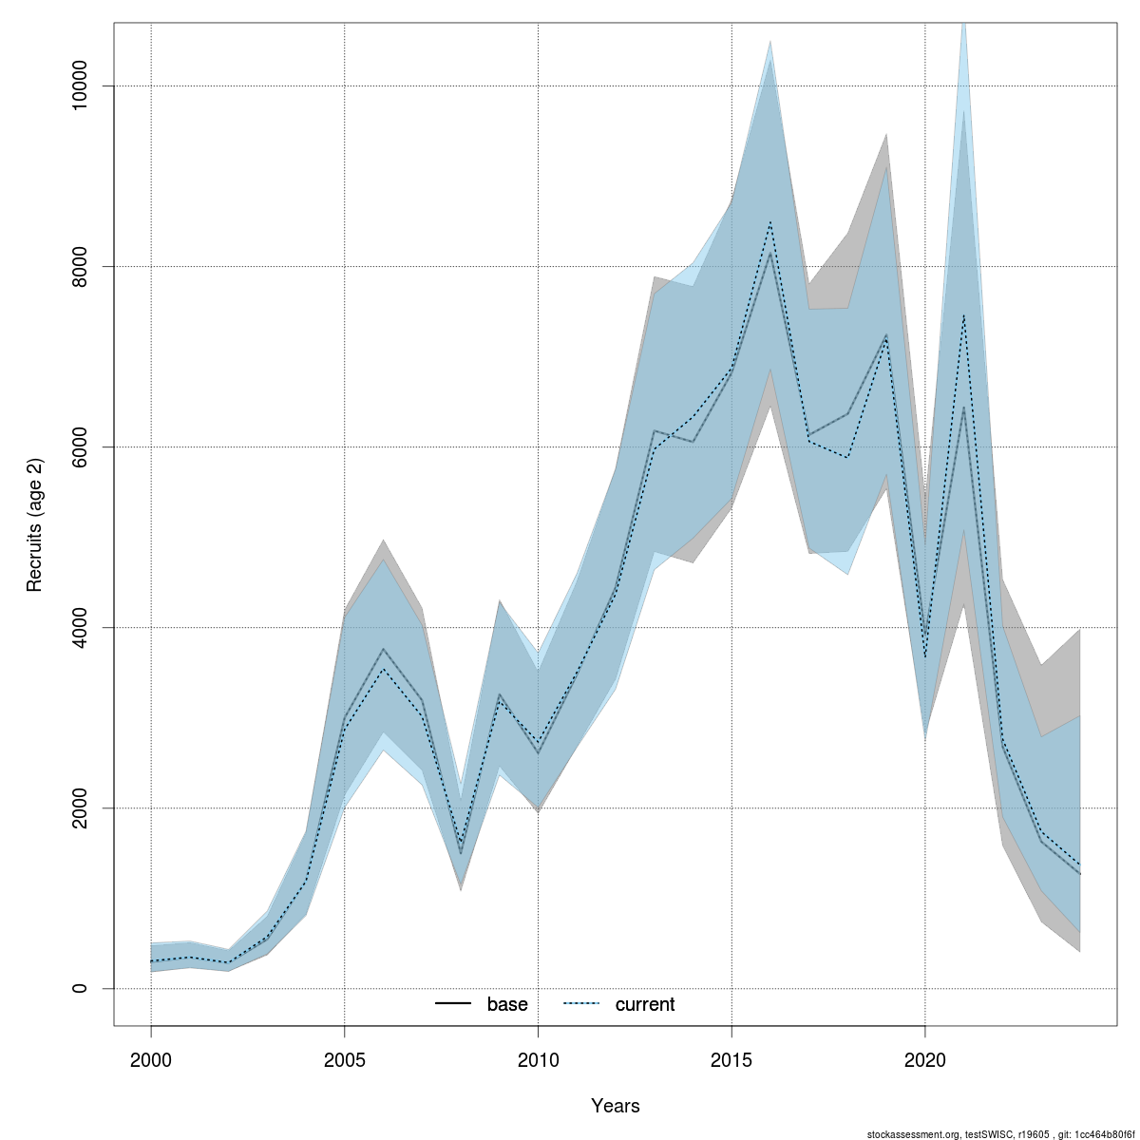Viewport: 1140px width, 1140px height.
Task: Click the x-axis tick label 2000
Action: (151, 1059)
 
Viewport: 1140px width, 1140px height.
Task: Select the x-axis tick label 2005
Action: (345, 1059)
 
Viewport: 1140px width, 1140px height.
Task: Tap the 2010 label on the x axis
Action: (538, 1059)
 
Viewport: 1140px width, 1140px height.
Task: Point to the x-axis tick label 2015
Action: (731, 1059)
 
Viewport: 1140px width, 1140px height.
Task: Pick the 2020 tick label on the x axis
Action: (925, 1059)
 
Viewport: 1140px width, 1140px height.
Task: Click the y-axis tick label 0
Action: (81, 989)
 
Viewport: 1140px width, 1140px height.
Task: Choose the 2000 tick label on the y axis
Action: (81, 808)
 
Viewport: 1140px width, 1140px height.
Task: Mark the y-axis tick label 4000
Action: (81, 628)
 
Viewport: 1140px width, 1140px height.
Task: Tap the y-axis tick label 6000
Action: (81, 447)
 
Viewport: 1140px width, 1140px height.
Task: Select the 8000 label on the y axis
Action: (81, 267)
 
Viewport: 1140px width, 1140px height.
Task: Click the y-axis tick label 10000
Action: (81, 86)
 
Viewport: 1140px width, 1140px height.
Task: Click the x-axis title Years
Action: (615, 1106)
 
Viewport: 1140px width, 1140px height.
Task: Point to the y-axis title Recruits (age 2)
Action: (35, 523)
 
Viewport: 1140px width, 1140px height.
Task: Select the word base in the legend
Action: (507, 1005)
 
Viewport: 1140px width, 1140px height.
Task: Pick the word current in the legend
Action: (645, 1005)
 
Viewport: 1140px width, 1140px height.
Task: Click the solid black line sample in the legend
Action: (453, 1005)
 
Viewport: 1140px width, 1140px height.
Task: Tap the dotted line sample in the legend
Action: (581, 1005)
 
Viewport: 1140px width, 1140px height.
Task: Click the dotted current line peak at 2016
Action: (770, 222)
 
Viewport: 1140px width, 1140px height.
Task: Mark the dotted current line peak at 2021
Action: (963, 315)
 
